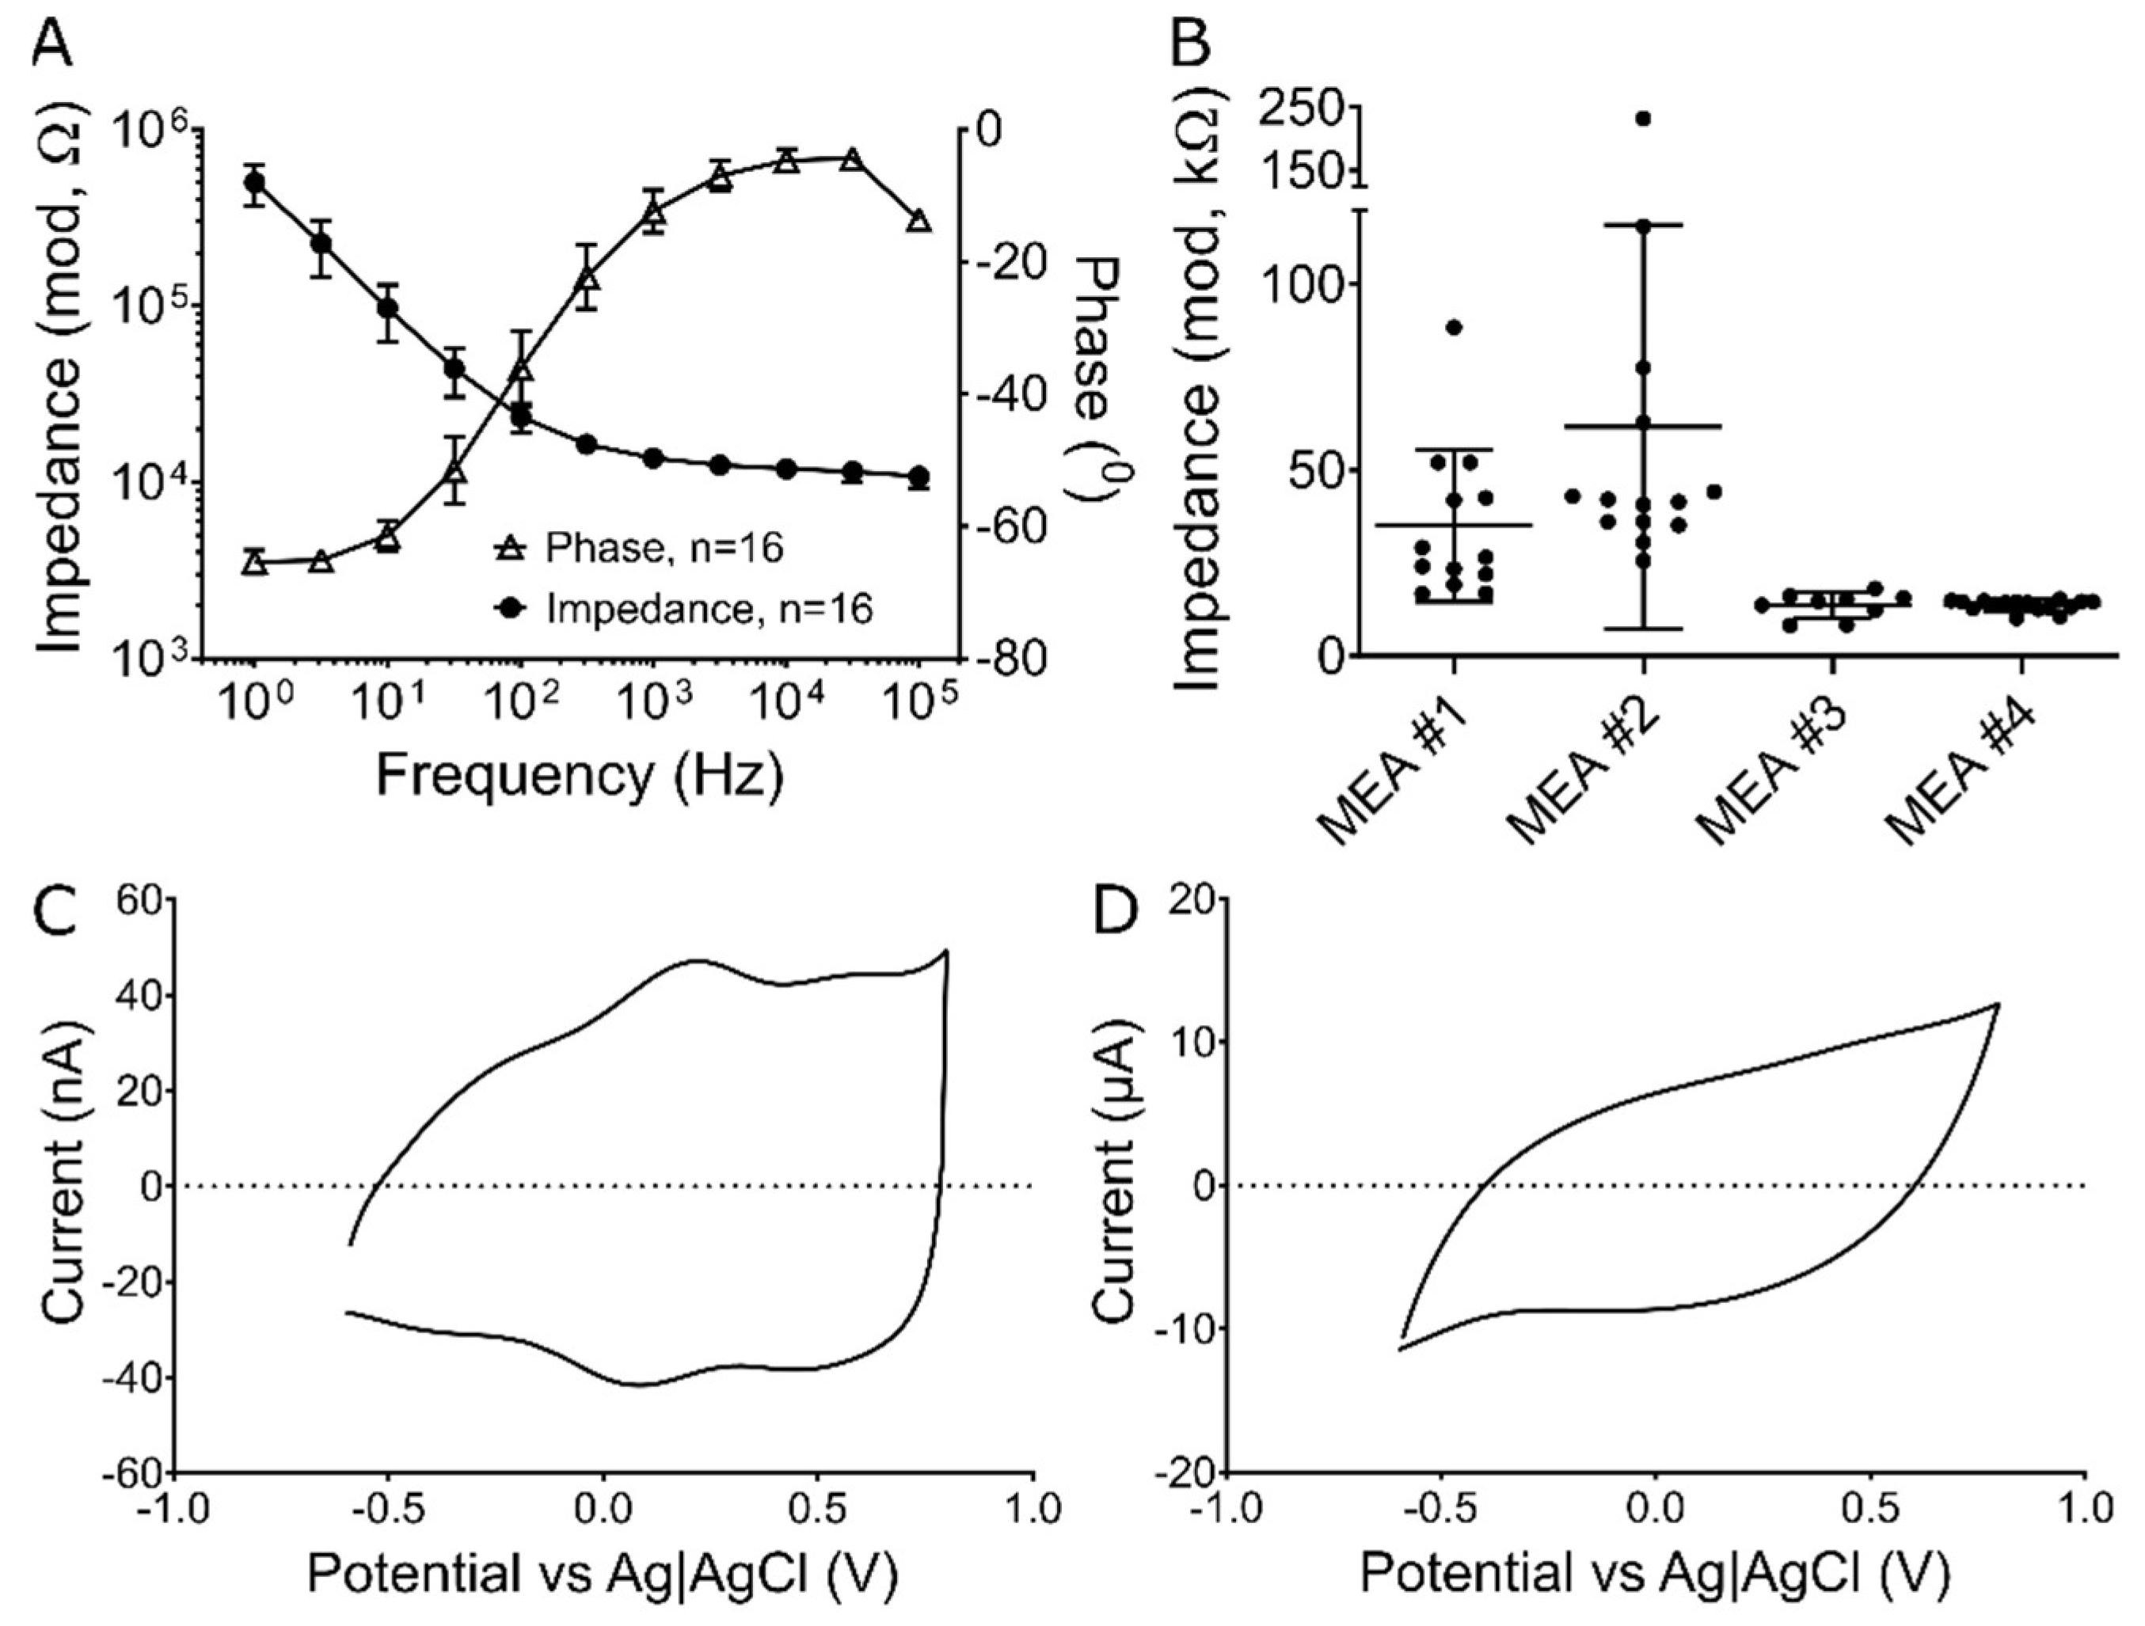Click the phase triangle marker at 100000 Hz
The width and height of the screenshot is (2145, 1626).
coord(919,222)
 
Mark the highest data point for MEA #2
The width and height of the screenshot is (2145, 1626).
coord(1643,118)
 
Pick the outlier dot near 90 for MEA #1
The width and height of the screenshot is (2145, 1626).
coord(1454,327)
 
